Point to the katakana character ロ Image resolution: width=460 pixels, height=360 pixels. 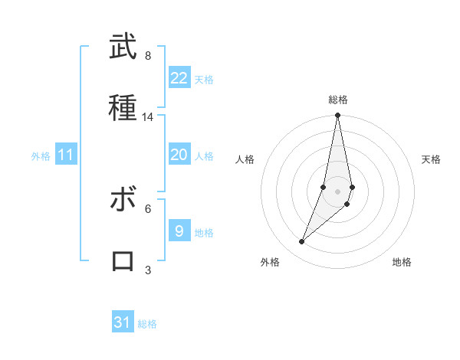123,260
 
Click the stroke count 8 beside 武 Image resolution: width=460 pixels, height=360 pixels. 148,56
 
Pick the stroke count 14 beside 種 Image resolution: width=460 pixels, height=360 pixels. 148,117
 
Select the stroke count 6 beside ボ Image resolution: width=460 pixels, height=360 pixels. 148,208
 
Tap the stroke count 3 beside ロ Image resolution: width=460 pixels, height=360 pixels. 148,270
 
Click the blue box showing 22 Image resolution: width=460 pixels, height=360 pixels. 179,78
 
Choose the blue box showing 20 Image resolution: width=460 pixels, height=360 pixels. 179,155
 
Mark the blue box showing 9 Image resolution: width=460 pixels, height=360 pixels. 179,231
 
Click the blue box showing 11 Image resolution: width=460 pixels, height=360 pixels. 66,155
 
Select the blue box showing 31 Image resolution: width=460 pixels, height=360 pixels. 123,322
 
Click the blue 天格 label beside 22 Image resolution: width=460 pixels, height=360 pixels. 204,80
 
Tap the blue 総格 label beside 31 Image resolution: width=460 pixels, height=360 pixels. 147,324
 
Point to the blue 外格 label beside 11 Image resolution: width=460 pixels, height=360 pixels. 41,156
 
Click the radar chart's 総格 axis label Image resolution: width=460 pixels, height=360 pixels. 338,100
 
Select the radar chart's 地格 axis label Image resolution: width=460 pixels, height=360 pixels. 402,262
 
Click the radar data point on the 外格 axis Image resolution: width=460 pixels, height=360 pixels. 301,242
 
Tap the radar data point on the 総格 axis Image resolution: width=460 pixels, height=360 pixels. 338,116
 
